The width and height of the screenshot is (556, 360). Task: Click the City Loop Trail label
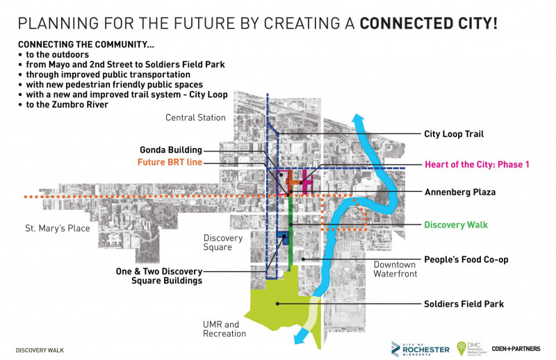454,134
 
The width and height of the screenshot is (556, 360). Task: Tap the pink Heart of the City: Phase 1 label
477,165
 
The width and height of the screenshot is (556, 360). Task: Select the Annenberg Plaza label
459,192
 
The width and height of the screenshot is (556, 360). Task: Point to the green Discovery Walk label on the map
456,224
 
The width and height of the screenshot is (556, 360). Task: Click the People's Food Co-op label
466,260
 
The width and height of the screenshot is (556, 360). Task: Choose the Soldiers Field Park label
464,304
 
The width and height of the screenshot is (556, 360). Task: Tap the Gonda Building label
170,149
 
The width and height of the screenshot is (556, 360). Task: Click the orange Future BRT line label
170,162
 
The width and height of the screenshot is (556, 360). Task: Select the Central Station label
195,117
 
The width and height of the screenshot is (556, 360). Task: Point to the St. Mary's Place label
58,227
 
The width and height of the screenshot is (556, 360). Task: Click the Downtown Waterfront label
395,269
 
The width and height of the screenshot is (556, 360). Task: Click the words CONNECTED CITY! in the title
427,23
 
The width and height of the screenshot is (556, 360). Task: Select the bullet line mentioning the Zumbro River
67,104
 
